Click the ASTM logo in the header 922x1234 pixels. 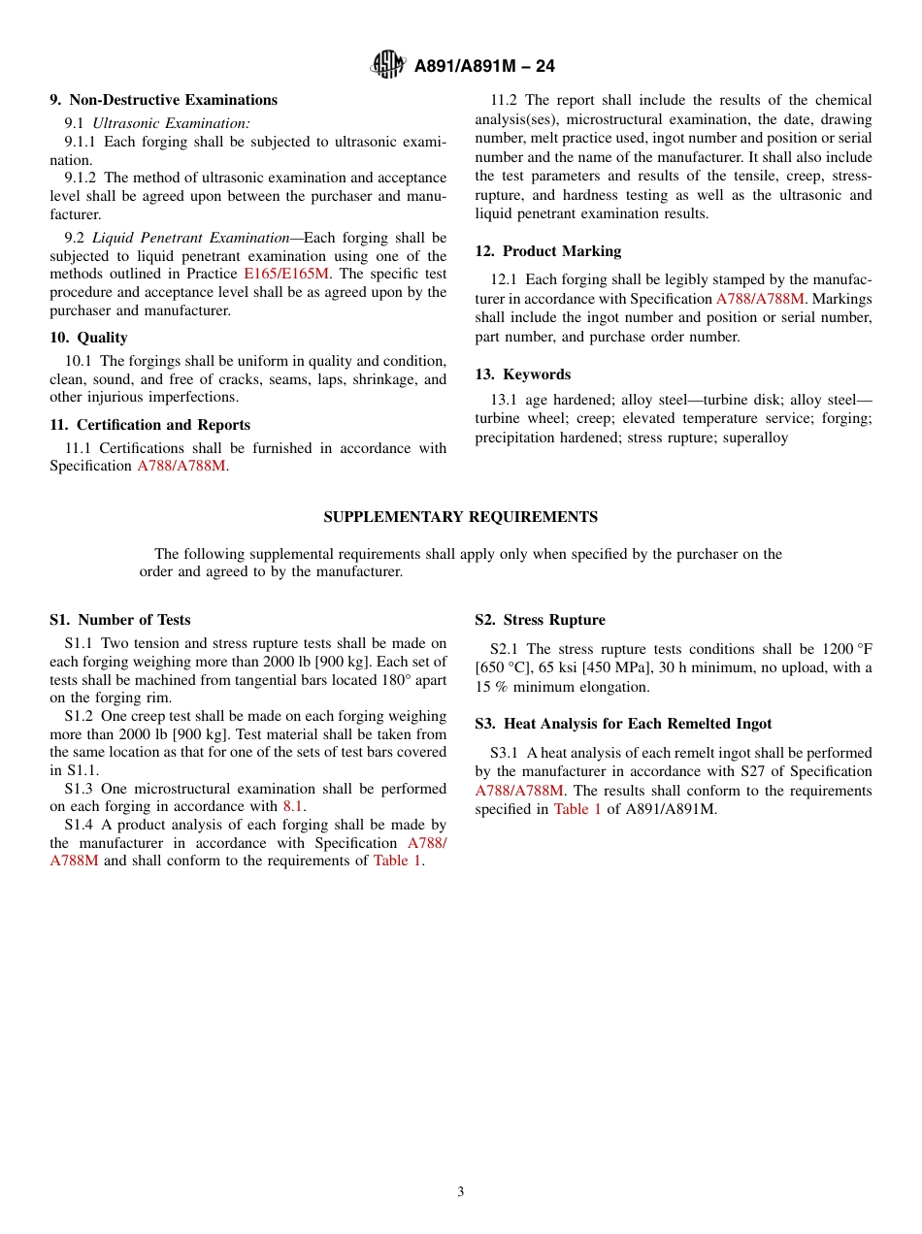coord(388,66)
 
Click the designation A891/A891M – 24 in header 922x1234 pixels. coord(484,67)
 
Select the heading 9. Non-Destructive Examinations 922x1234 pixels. coord(163,100)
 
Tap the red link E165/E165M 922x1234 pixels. coord(286,275)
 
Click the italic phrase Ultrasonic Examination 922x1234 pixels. coord(171,123)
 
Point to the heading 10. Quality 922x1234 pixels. coord(88,338)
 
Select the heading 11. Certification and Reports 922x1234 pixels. coord(149,425)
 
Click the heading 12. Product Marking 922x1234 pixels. coord(547,251)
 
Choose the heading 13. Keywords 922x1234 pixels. coord(522,374)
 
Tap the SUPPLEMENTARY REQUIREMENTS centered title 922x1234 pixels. coord(460,517)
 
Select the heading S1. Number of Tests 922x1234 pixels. coord(119,620)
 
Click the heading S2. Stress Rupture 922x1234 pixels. coord(540,620)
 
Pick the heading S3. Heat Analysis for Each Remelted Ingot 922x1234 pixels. coord(623,724)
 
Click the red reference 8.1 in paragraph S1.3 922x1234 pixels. coord(292,806)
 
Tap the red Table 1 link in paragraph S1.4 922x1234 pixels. coord(397,861)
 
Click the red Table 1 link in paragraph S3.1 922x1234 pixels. coord(577,809)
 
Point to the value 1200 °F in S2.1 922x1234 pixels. coord(844,649)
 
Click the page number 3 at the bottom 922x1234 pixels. coord(461,1192)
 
